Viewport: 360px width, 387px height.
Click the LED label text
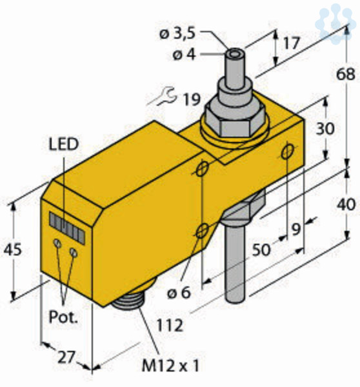tap(64, 144)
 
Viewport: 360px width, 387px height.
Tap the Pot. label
tap(63, 317)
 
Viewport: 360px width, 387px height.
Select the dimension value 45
tap(13, 250)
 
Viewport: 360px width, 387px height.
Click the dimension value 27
tap(66, 358)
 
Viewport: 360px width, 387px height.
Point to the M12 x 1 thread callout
tap(170, 366)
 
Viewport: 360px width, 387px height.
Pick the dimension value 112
tap(170, 325)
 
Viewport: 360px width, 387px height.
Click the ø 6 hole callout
tap(179, 293)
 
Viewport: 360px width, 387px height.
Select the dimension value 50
tap(261, 250)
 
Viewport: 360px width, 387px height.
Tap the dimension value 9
tap(295, 229)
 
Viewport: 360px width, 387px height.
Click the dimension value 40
tap(346, 204)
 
